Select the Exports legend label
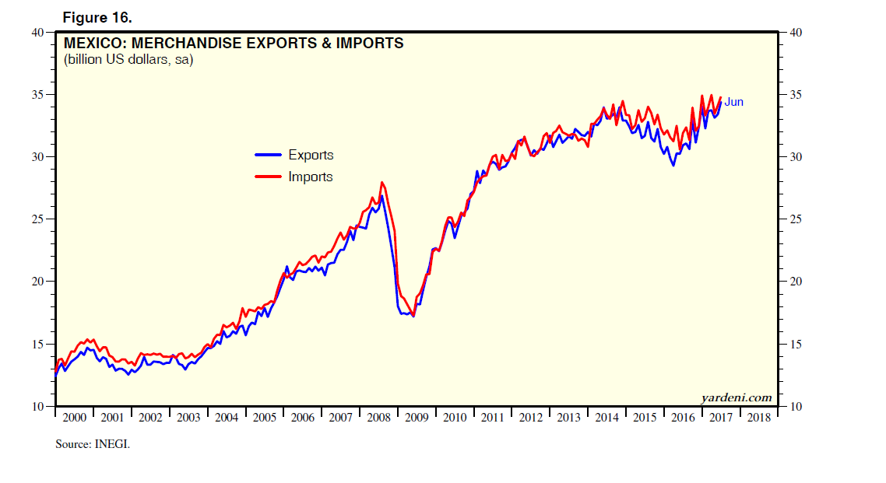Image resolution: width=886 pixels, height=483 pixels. [x=311, y=155]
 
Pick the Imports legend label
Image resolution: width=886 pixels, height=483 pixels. [x=310, y=177]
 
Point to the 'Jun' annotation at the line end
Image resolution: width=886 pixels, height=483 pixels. [x=734, y=102]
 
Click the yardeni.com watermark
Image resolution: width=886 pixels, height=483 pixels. [x=736, y=397]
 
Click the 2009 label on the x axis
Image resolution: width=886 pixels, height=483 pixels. [x=417, y=418]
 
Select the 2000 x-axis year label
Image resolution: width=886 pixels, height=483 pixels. [x=74, y=418]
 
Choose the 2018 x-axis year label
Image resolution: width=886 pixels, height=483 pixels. [x=759, y=418]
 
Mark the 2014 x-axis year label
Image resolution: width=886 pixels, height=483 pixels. [x=607, y=418]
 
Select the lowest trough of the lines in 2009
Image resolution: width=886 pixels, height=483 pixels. [x=413, y=316]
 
